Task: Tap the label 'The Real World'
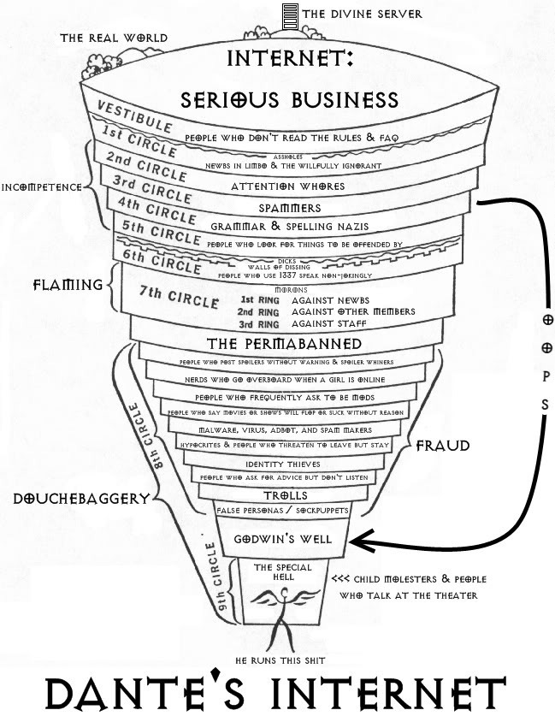[x=114, y=38]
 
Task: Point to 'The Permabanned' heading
[x=276, y=344]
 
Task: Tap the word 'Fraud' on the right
[x=442, y=445]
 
